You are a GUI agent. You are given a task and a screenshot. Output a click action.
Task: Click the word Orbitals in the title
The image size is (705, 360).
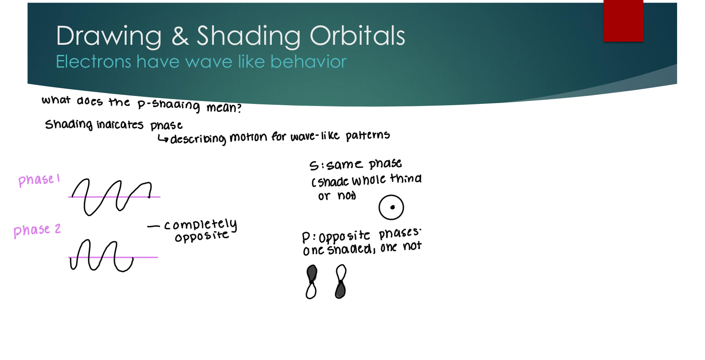(x=357, y=36)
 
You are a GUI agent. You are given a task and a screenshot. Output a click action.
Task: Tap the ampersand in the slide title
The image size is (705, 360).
(x=180, y=36)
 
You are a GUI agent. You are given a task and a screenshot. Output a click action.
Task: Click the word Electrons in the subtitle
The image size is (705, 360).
(x=93, y=62)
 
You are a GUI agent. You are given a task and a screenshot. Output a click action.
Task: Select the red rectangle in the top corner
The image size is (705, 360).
(x=623, y=20)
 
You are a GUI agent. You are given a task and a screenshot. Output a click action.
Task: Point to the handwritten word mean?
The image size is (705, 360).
(x=224, y=108)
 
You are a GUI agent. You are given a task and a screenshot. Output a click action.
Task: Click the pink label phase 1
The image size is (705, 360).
(x=38, y=180)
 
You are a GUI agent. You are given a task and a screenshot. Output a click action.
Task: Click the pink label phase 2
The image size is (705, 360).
(x=37, y=230)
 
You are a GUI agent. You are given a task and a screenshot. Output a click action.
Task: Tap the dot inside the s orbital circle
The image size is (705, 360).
(x=392, y=207)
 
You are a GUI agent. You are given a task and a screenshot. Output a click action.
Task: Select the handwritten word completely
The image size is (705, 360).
(x=201, y=224)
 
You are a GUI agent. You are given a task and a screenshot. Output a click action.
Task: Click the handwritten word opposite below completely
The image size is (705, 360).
(x=202, y=237)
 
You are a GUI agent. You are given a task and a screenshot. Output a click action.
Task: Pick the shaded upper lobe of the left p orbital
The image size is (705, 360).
(x=312, y=273)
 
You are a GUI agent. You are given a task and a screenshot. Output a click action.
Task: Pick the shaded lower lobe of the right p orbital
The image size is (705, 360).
(x=340, y=290)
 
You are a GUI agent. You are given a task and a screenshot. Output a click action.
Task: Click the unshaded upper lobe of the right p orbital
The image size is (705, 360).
(x=341, y=273)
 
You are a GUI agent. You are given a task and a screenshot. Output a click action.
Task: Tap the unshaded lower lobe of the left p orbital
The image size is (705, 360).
(x=311, y=291)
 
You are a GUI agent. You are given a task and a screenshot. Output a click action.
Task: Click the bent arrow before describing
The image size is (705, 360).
(x=163, y=139)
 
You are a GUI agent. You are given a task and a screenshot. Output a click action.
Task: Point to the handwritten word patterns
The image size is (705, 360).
(x=367, y=136)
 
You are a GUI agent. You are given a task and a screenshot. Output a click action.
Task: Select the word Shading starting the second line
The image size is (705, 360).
(x=68, y=125)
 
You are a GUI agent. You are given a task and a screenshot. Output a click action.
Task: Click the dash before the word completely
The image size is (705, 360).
(x=153, y=227)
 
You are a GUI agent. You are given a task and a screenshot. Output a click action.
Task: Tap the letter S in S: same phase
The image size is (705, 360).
(x=314, y=166)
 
